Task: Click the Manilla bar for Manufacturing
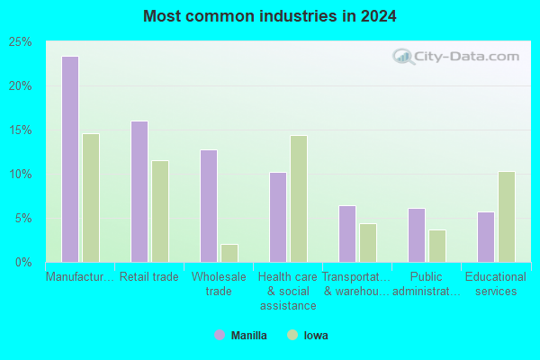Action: (x=70, y=159)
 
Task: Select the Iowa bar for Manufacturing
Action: (x=91, y=198)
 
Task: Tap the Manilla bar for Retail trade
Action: (x=139, y=192)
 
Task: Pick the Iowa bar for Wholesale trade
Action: (x=229, y=253)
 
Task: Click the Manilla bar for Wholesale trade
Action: (x=209, y=206)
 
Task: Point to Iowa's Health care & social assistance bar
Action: (x=299, y=199)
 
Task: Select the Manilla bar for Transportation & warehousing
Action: (x=347, y=234)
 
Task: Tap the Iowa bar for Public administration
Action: (x=437, y=246)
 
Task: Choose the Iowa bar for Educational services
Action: (x=507, y=217)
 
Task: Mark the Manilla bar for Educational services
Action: (x=486, y=237)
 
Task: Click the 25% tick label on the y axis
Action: (x=20, y=42)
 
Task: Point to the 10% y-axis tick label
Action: (x=20, y=175)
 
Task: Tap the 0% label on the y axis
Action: (x=23, y=263)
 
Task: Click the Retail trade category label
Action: (x=149, y=276)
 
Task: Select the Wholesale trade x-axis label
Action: (x=219, y=283)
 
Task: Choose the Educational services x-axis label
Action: (x=496, y=283)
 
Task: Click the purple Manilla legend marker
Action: (x=220, y=335)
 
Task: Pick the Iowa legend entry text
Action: (x=316, y=336)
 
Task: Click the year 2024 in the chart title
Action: (x=379, y=16)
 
